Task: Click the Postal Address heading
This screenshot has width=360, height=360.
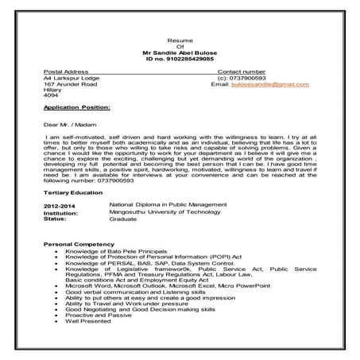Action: coord(66,72)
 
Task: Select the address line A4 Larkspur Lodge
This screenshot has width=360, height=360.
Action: coord(71,78)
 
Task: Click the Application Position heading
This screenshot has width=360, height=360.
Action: coord(77,106)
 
